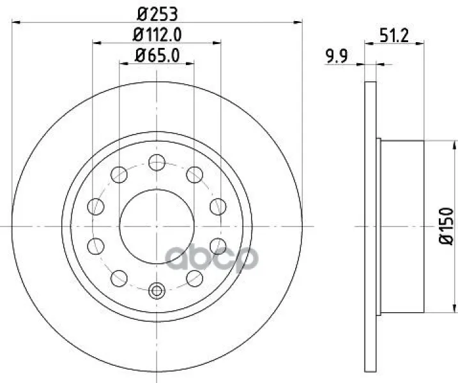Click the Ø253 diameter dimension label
click(x=157, y=14)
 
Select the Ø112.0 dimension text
click(x=157, y=34)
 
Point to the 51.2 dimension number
click(x=394, y=36)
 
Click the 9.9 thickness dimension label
click(x=337, y=56)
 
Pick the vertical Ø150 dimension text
click(x=447, y=226)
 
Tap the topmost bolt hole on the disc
click(x=157, y=162)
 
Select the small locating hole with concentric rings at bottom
click(x=157, y=290)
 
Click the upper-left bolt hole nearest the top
click(x=119, y=174)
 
